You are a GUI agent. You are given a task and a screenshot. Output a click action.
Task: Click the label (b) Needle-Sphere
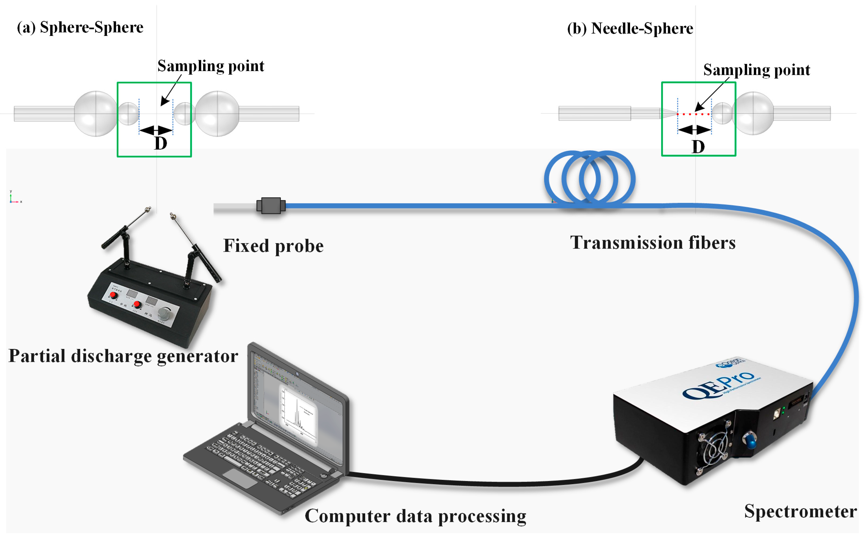pos(630,28)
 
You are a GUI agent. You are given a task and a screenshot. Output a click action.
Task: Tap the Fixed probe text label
pos(273,246)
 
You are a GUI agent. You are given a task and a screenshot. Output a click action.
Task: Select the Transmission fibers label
pos(653,243)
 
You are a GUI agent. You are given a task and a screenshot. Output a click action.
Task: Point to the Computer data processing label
pos(415,516)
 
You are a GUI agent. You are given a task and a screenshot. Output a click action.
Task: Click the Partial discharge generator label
pos(123,356)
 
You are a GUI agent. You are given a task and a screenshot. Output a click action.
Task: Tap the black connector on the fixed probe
pos(271,206)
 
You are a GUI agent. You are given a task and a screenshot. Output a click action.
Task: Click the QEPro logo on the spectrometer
pos(719,386)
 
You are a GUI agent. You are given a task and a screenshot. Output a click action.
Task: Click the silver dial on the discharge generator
pos(164,313)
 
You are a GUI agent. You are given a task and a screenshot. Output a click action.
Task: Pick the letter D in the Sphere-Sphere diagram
pos(160,144)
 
